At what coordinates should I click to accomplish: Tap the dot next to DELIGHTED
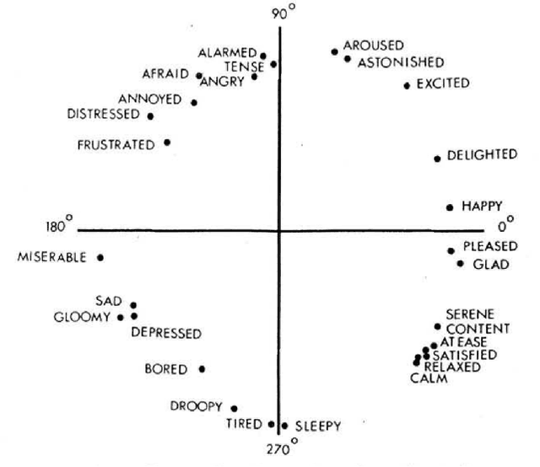(x=437, y=158)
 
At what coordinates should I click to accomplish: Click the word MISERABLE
(x=51, y=257)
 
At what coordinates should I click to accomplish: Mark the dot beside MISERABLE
(x=100, y=257)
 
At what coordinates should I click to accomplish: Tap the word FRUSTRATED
(x=116, y=144)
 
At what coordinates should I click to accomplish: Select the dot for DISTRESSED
(x=150, y=115)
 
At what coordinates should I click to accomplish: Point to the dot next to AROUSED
(x=335, y=51)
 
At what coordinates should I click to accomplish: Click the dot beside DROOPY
(x=234, y=408)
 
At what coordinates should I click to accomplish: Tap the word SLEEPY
(x=318, y=427)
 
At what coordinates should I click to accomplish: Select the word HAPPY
(x=482, y=205)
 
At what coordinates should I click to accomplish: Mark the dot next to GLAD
(x=460, y=264)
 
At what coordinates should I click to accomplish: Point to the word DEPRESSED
(x=166, y=333)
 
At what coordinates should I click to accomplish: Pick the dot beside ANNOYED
(x=194, y=102)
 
